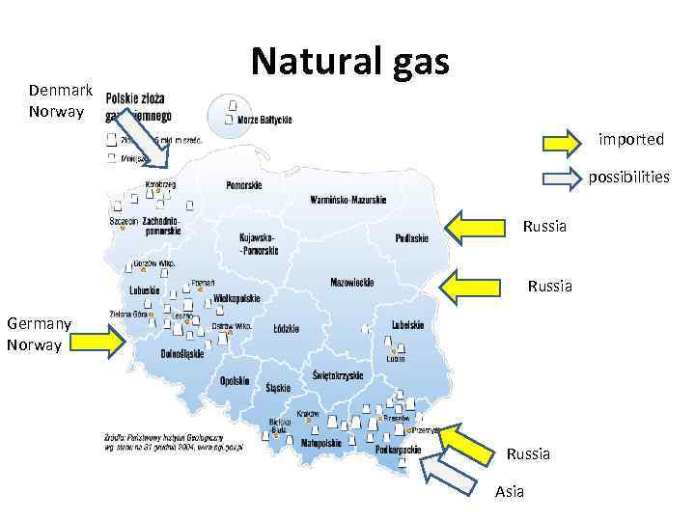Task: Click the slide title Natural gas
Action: pyautogui.click(x=349, y=60)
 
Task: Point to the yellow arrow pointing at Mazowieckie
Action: pyautogui.click(x=476, y=286)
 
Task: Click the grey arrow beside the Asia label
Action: pyautogui.click(x=451, y=474)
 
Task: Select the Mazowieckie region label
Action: pyautogui.click(x=351, y=283)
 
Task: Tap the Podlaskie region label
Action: pyautogui.click(x=412, y=237)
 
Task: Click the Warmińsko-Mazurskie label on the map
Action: pyautogui.click(x=347, y=200)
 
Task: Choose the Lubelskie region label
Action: pyautogui.click(x=407, y=325)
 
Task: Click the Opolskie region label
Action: pyautogui.click(x=236, y=381)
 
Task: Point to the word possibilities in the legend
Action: pyautogui.click(x=628, y=178)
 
